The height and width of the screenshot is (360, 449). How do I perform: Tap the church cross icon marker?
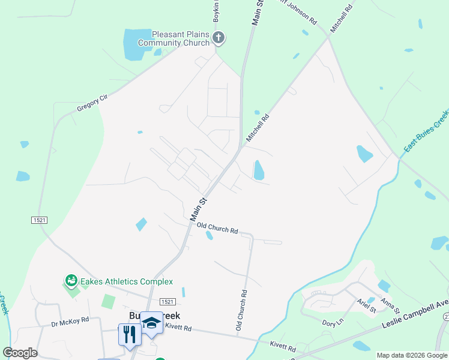coord(218,38)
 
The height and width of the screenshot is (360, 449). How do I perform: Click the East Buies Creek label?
coord(426,131)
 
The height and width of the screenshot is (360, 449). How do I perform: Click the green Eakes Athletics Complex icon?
coord(71,280)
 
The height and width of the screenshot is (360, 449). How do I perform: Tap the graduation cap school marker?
coord(151,323)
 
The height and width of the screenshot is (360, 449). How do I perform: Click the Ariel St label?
coord(366,306)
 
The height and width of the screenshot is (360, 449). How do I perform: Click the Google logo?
coord(20,353)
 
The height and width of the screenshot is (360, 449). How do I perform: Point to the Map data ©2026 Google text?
coord(412,355)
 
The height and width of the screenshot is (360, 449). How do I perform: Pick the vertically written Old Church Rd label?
coord(241,311)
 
